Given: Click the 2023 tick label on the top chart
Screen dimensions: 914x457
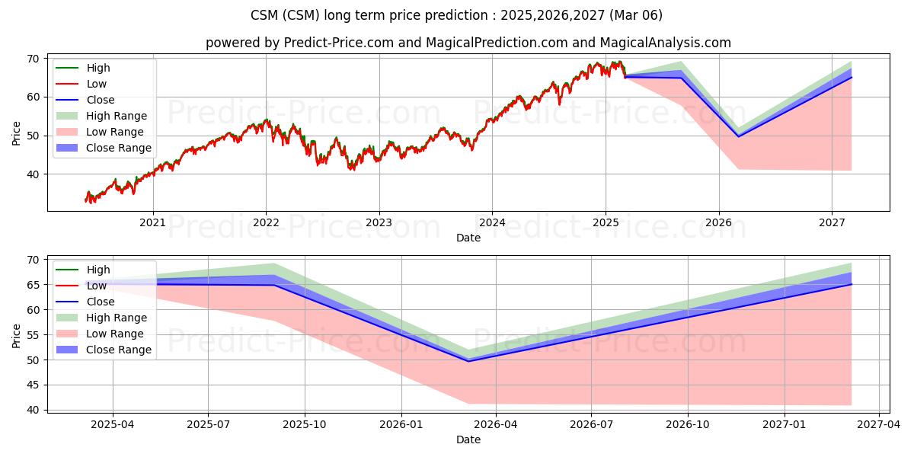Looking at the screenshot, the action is click(379, 222).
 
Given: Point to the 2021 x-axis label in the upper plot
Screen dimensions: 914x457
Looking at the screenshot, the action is click(152, 222).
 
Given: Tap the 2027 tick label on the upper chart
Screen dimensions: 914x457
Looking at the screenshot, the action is click(832, 222).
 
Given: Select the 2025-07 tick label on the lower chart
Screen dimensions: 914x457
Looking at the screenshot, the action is click(208, 425).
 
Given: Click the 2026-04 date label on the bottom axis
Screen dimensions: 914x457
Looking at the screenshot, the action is click(496, 425).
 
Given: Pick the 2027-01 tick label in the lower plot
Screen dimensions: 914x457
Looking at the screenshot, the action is click(785, 425).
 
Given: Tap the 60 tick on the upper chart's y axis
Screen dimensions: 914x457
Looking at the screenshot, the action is click(34, 97).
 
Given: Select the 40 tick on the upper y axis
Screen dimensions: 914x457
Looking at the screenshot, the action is click(34, 174).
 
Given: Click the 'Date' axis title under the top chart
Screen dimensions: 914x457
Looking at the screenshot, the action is click(468, 238).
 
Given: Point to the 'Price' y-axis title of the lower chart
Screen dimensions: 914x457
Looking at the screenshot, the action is click(16, 336).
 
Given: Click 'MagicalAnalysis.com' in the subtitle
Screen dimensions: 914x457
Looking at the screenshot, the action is click(665, 43).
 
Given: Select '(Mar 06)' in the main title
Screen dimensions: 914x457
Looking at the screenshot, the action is click(636, 15).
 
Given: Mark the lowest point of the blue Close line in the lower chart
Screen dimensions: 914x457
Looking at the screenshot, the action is click(468, 361).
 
